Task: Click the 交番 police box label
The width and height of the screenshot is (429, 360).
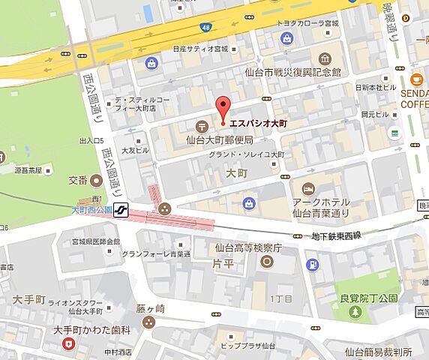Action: pos(78,180)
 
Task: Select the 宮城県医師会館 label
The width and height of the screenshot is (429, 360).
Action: pos(94,241)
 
